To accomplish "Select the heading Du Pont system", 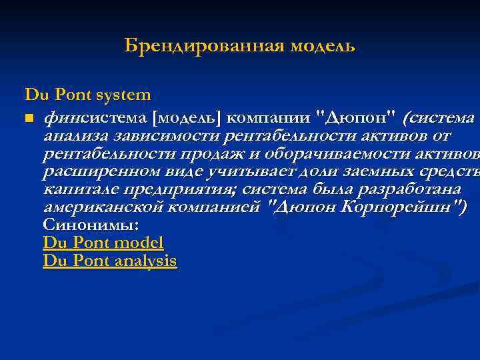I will (88, 95).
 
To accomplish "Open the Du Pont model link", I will (103, 243).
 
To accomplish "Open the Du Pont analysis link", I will (110, 261).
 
